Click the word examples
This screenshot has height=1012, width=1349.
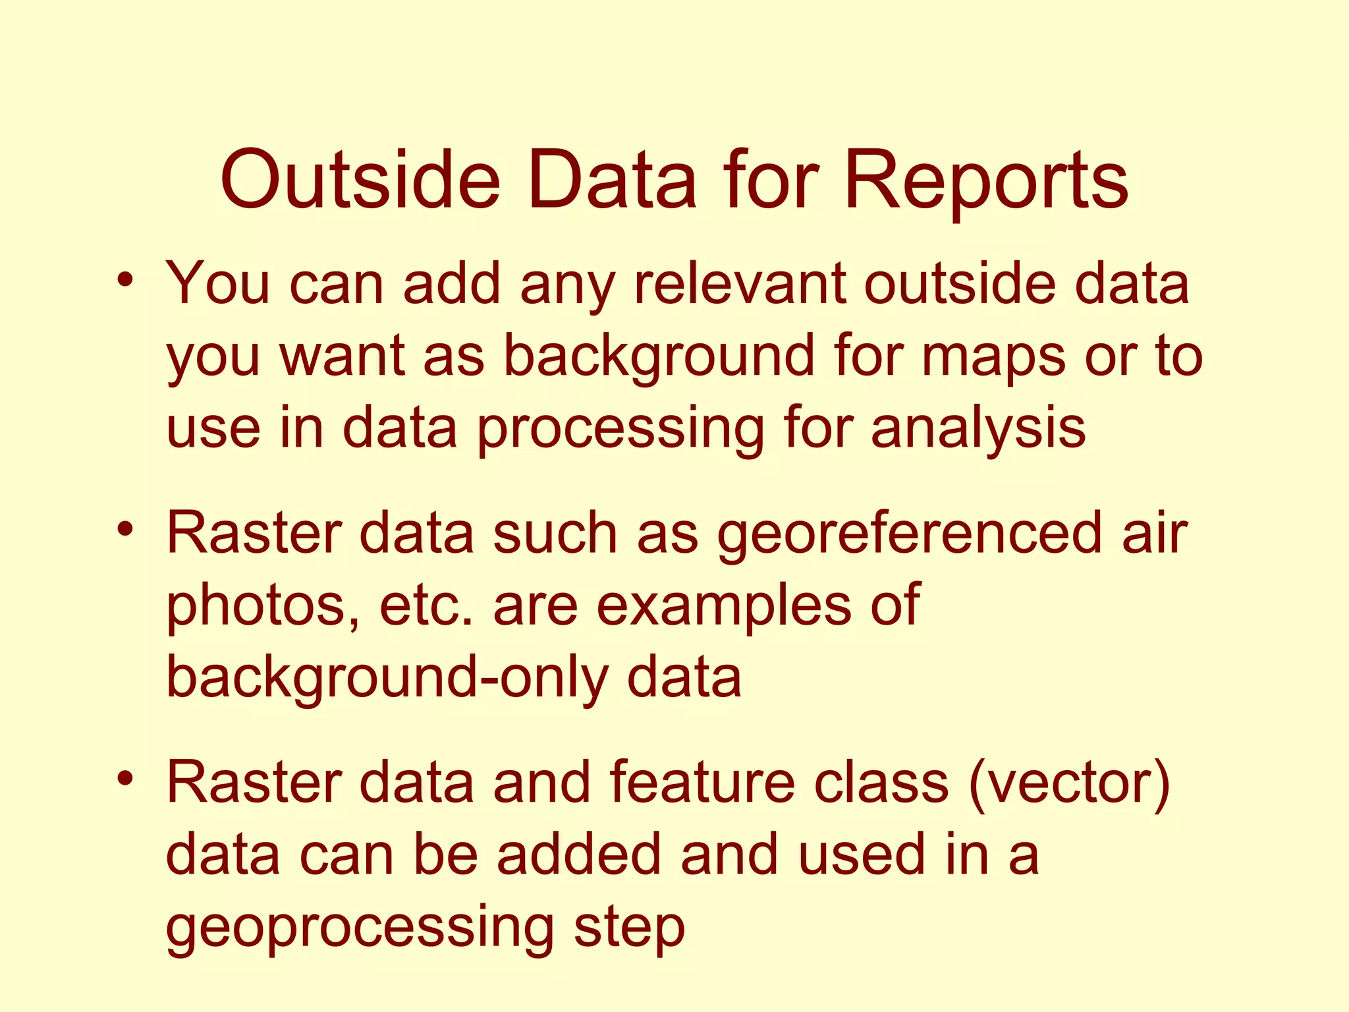coord(723,607)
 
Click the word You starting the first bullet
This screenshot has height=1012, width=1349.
coord(218,284)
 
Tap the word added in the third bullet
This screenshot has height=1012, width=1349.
coord(578,855)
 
